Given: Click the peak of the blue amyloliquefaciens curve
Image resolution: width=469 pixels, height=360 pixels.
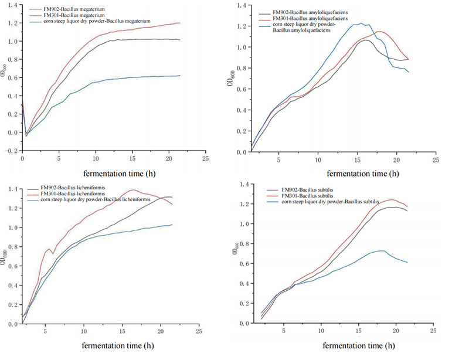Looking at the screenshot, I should pyautogui.click(x=361, y=23).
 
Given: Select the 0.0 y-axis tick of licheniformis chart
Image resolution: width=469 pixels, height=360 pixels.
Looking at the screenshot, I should pyautogui.click(x=13, y=324).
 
